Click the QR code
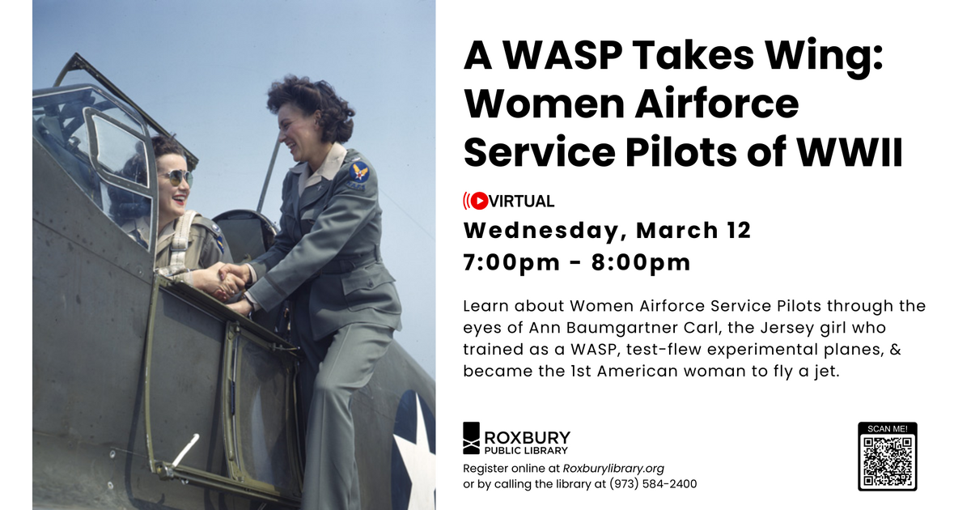point(888,461)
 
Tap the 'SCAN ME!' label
point(888,428)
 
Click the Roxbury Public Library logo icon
point(472,438)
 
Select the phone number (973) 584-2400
point(656,484)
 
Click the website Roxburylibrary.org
point(613,468)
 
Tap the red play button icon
point(479,201)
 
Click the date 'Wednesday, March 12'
point(607,231)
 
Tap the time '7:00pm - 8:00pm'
point(577,262)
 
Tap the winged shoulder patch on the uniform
point(358,171)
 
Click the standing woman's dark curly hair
point(312,101)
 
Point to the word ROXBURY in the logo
point(527,438)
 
